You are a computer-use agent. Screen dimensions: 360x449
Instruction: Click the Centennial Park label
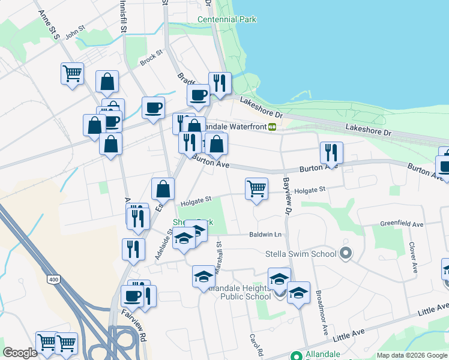click(x=227, y=20)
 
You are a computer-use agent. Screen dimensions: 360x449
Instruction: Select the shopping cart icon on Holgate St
click(x=256, y=188)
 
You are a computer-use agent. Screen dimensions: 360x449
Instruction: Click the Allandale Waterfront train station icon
click(x=272, y=127)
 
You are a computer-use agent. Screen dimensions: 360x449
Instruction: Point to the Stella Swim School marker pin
click(x=345, y=254)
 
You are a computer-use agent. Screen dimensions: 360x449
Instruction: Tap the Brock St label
click(x=151, y=58)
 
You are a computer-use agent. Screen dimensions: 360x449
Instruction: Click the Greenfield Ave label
click(x=402, y=224)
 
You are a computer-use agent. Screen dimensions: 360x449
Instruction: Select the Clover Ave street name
click(x=413, y=258)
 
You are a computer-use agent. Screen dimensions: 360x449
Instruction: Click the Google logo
click(x=20, y=353)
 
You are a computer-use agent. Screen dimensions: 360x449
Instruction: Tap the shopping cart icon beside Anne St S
click(x=72, y=74)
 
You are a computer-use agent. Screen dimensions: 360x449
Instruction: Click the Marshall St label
click(x=219, y=258)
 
